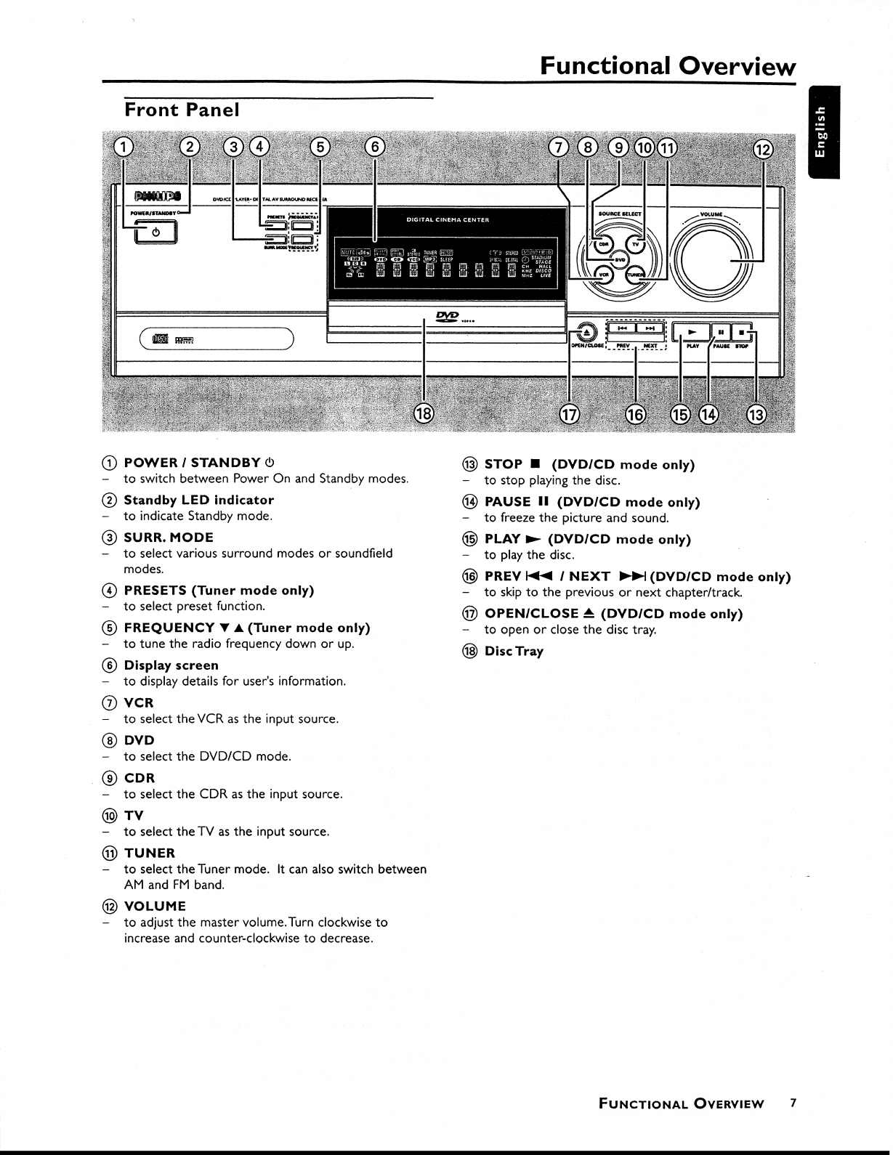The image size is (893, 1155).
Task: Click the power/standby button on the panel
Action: (x=155, y=233)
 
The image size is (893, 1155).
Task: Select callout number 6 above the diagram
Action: (x=375, y=147)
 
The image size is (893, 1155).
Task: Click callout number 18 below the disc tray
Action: (x=423, y=414)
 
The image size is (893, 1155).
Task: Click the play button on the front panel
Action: (x=692, y=332)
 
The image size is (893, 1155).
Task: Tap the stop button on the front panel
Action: (x=742, y=332)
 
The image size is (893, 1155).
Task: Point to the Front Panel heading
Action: (x=182, y=110)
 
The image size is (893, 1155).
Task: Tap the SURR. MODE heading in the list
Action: (x=169, y=538)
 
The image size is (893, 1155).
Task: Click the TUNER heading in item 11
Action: (x=149, y=853)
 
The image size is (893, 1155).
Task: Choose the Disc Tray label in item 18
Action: (x=514, y=652)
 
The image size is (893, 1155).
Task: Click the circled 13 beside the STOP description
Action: (x=470, y=464)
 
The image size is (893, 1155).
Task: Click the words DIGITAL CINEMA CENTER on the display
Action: (x=446, y=220)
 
